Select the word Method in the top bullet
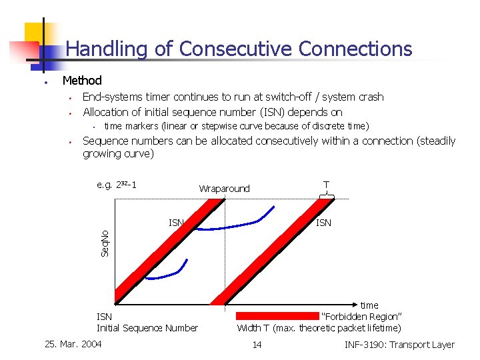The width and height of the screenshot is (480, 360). pyautogui.click(x=81, y=81)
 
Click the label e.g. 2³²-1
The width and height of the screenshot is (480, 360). pyautogui.click(x=117, y=185)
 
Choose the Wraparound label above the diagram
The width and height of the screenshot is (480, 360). pyautogui.click(x=224, y=189)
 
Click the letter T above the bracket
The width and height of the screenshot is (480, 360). pyautogui.click(x=326, y=184)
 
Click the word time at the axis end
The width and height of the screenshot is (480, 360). pyautogui.click(x=369, y=305)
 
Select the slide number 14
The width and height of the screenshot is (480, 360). pyautogui.click(x=257, y=345)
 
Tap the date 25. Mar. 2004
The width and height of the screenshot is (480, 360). pyautogui.click(x=73, y=344)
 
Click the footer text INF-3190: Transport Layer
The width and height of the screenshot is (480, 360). pyautogui.click(x=399, y=345)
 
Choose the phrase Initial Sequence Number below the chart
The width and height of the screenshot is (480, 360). pyautogui.click(x=147, y=327)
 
